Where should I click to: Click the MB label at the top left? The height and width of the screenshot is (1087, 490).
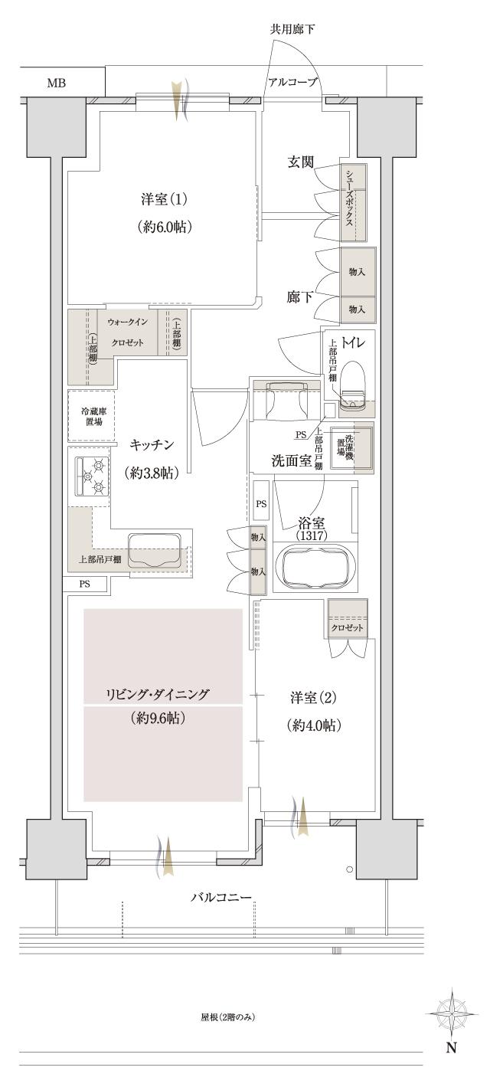[56, 83]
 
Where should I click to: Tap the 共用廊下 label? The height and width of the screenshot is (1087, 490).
[292, 30]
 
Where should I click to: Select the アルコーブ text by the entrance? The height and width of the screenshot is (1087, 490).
[292, 83]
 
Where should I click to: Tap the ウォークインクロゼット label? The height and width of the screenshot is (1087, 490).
[126, 332]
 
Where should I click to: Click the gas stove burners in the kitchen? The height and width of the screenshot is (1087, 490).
[90, 476]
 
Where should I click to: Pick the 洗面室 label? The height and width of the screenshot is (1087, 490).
[289, 460]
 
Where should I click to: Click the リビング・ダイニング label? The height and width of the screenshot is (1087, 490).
[158, 694]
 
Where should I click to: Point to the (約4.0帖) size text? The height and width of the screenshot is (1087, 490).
[314, 725]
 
